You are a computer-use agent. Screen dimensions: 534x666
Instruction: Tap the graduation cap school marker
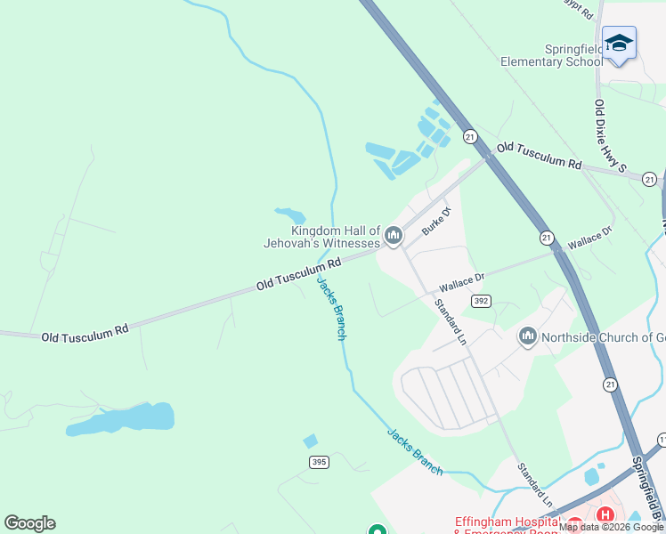click(x=618, y=43)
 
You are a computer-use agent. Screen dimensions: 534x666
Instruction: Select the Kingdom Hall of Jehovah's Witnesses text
click(x=322, y=236)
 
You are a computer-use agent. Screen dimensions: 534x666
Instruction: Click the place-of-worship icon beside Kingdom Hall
click(x=394, y=236)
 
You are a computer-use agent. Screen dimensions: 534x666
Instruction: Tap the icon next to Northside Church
click(x=527, y=336)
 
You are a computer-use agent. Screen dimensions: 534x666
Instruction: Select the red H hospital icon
click(x=605, y=515)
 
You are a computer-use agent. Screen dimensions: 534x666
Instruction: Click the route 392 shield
click(x=481, y=302)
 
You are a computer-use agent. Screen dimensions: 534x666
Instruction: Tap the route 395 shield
click(x=320, y=461)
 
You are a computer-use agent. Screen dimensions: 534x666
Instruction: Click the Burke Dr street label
click(x=437, y=222)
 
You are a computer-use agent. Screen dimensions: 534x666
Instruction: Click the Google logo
click(x=29, y=523)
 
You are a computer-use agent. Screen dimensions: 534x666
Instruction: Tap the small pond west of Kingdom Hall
click(x=290, y=215)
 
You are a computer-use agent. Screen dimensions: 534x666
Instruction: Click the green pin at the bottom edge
click(x=377, y=530)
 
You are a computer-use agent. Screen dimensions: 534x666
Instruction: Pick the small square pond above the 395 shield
click(x=310, y=441)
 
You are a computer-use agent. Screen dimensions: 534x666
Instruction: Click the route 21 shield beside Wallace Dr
click(x=547, y=238)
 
